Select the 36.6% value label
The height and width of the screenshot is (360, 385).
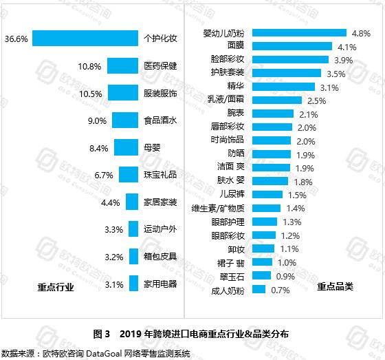point(15,39)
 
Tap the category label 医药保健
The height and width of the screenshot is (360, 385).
point(160,66)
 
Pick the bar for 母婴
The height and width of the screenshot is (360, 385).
point(126,147)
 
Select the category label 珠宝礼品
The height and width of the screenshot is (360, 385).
point(160,175)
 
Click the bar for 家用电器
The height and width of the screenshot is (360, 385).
point(133,284)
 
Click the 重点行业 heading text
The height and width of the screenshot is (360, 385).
point(56,286)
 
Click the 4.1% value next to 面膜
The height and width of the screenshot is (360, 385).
point(346,47)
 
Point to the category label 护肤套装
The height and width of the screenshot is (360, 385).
point(230,73)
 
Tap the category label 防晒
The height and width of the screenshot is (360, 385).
point(236,154)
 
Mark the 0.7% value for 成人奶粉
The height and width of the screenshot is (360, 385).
point(280,290)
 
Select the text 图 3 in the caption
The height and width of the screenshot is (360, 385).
point(101,334)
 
